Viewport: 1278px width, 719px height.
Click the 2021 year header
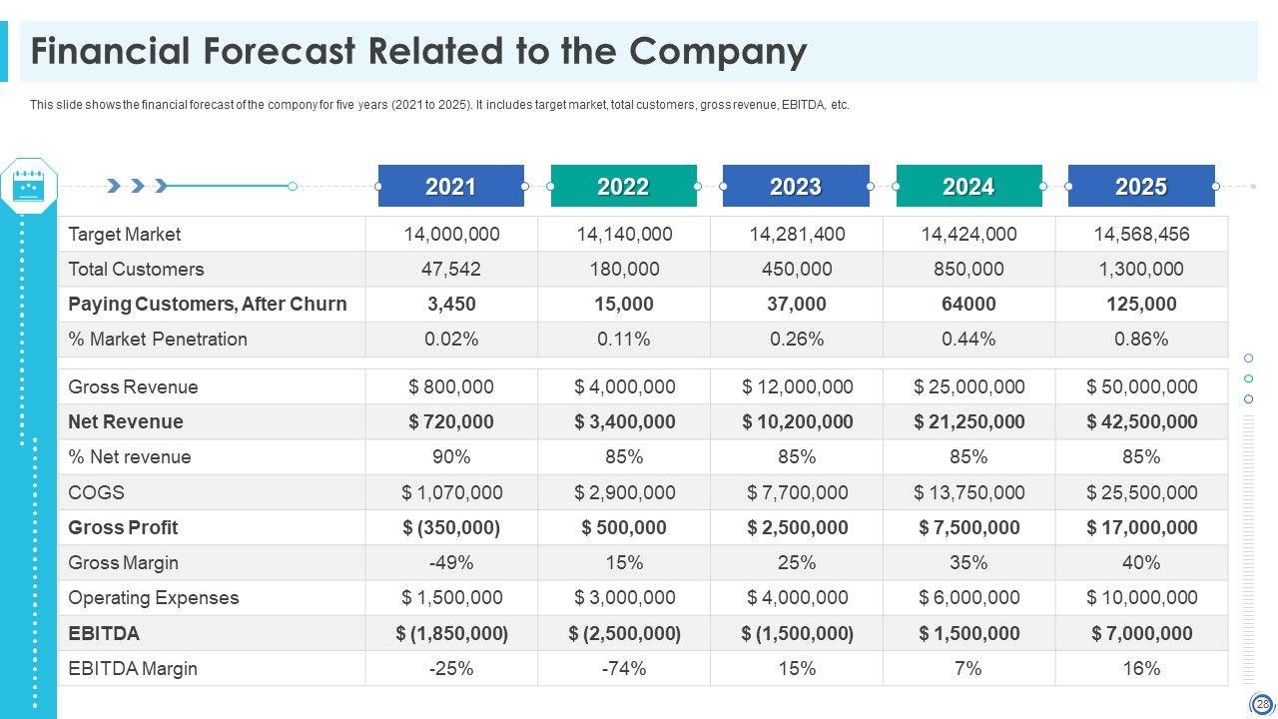coord(451,187)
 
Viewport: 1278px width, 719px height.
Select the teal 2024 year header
coord(968,187)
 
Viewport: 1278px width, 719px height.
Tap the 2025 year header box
coord(1141,187)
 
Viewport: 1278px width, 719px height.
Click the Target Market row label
coord(125,235)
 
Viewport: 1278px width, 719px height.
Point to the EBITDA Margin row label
coord(133,669)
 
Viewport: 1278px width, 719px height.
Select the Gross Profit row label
coord(123,528)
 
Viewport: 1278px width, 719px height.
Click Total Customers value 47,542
coord(451,270)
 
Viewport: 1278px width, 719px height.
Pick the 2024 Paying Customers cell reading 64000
coord(968,305)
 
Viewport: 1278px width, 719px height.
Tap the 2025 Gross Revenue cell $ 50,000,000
coord(1141,387)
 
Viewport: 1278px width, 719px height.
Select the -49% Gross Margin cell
coord(451,563)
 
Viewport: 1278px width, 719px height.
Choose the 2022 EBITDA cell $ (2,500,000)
coord(624,634)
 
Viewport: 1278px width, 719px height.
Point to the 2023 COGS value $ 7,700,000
coord(797,493)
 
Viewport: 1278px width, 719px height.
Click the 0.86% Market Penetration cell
coord(1141,340)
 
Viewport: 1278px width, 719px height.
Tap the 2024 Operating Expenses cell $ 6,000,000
coord(968,598)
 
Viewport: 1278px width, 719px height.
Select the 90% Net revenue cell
coord(451,457)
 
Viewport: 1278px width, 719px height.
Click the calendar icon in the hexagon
coord(29,186)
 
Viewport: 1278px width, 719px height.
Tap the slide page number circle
coord(1262,704)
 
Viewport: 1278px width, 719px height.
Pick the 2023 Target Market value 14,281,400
coord(797,235)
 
